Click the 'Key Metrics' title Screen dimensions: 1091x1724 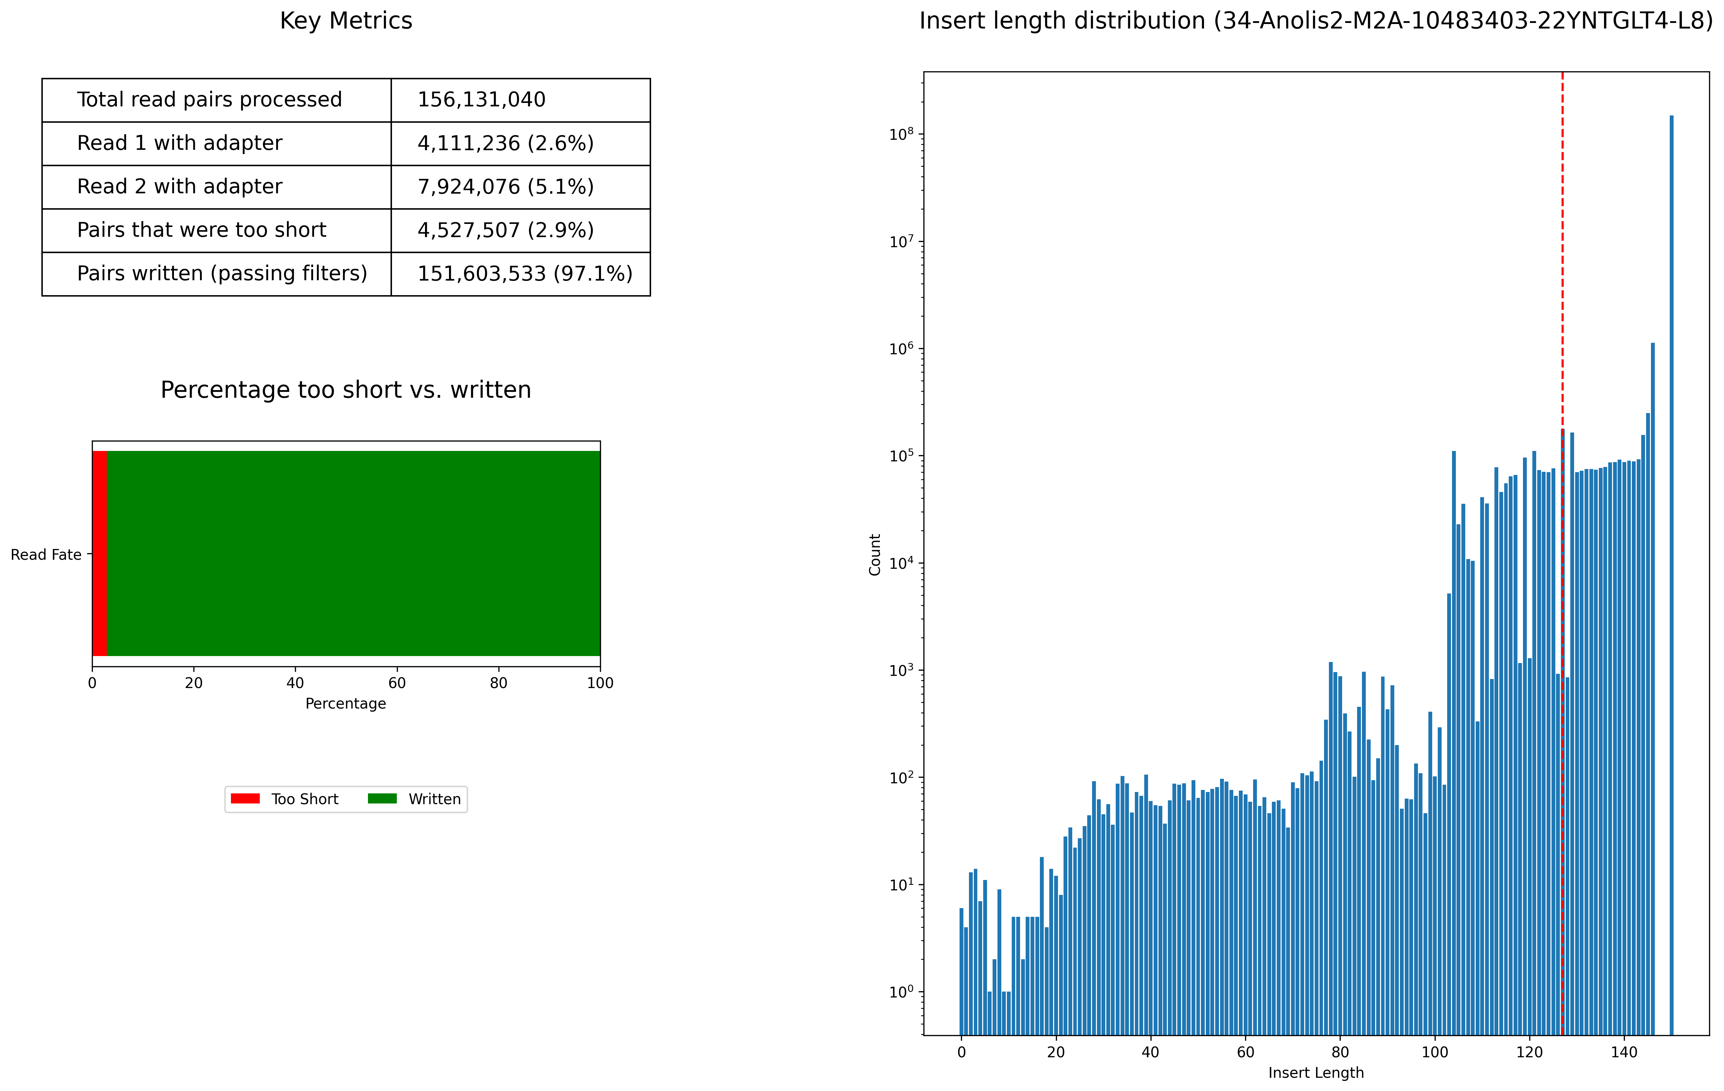pos(346,21)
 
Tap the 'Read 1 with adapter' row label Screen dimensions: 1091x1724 pos(180,143)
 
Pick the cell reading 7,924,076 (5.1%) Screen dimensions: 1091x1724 pos(505,187)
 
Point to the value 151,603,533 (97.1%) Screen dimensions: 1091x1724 pos(525,274)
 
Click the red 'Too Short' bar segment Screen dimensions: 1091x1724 pos(99,553)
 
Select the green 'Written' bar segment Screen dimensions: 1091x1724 pos(353,553)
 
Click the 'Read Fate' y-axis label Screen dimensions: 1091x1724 pos(46,555)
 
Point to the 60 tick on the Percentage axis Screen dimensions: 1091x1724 pos(396,683)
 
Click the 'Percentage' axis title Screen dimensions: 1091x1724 pos(346,704)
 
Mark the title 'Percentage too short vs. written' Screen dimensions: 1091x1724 pos(346,390)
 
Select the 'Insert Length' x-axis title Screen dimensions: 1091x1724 pos(1316,1072)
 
